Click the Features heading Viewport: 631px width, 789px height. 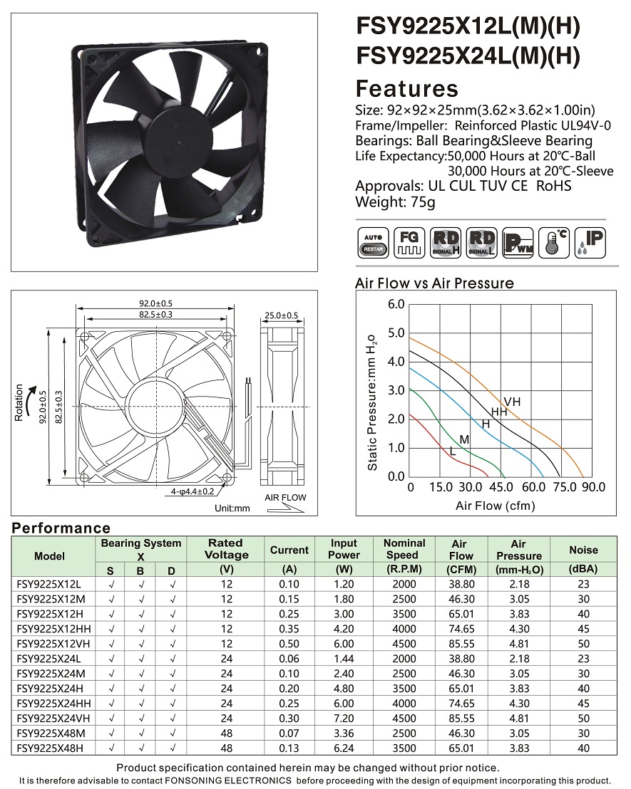tap(406, 88)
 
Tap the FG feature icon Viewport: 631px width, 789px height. tap(409, 244)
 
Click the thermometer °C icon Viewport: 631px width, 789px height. tap(553, 244)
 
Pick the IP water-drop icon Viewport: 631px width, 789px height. tap(590, 244)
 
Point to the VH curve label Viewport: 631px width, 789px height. tap(512, 402)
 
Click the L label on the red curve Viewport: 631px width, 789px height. tap(452, 451)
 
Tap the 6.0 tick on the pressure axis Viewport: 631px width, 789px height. tap(396, 305)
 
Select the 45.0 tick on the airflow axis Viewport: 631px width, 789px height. tap(502, 488)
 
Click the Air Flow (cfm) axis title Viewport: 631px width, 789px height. tap(495, 506)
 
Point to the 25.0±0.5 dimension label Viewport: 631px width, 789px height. tap(281, 315)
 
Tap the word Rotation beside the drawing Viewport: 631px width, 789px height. tap(19, 403)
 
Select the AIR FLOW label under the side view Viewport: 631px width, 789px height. tap(285, 498)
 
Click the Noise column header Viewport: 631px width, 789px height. tap(583, 550)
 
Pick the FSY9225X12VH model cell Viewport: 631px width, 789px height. tap(53, 643)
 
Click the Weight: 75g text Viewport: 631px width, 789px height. tap(395, 202)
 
